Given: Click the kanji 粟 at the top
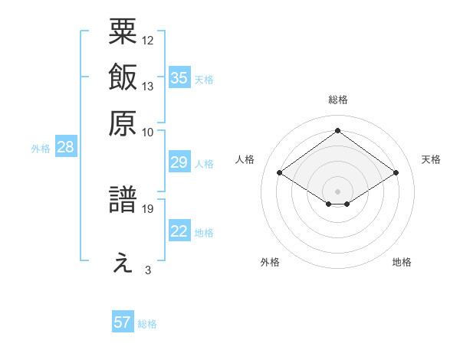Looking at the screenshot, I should tap(123, 32).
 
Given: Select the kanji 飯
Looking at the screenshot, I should tap(123, 77).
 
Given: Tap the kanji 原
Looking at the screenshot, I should tap(123, 123).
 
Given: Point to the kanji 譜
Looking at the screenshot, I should tap(123, 202).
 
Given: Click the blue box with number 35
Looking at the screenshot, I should tap(179, 77).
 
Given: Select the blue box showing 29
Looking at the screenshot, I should tap(179, 163).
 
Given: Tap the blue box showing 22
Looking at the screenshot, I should tap(179, 232).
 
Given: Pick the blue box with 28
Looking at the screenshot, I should tap(65, 148).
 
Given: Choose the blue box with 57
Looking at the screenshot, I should tap(123, 322).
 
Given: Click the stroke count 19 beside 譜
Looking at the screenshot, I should tap(149, 208).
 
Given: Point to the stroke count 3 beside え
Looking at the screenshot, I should tap(148, 270).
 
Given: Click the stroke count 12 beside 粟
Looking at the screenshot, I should tap(149, 40).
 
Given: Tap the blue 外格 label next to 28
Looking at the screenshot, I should tap(41, 149).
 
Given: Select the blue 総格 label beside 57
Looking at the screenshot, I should tap(147, 323).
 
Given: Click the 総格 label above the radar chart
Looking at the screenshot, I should tap(337, 100).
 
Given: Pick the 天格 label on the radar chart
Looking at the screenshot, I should tap(431, 159).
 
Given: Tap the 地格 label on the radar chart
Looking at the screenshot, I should tap(402, 262).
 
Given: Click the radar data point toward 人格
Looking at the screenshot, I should tap(280, 173).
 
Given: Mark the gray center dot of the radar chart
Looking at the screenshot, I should tap(337, 191).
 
